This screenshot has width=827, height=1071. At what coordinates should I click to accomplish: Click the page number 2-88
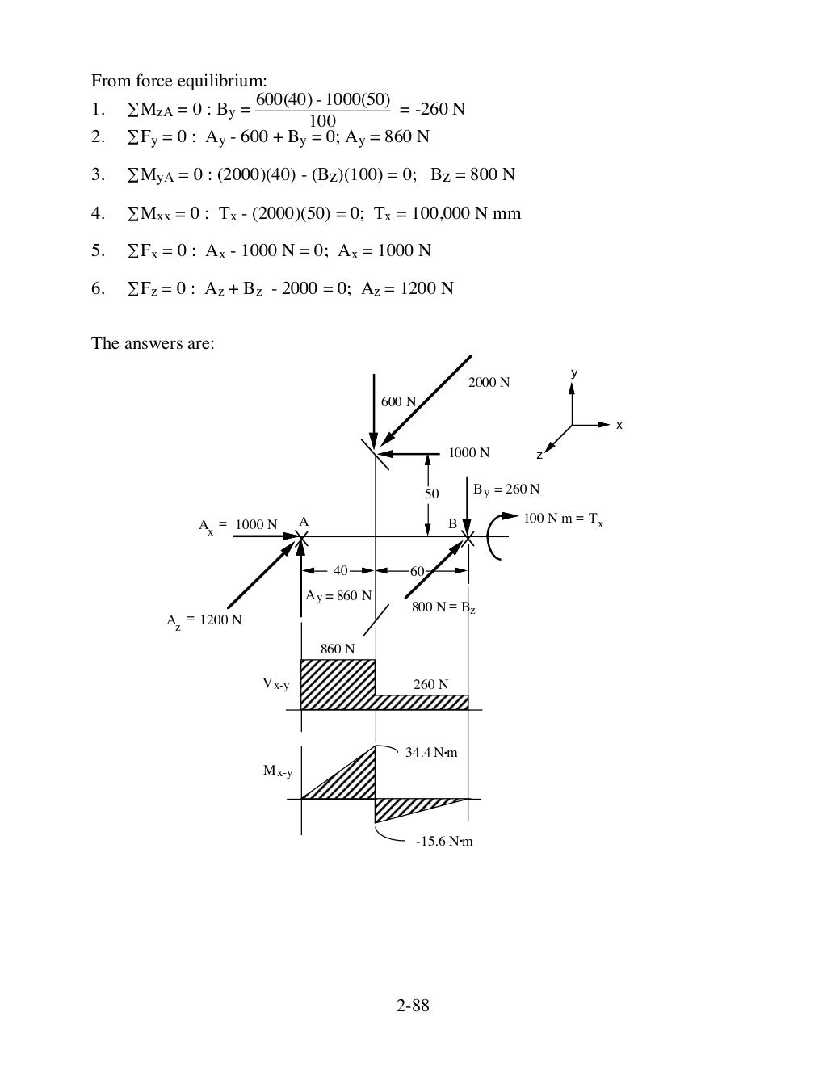pos(413,1006)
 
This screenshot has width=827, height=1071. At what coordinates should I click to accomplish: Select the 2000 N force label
pos(489,383)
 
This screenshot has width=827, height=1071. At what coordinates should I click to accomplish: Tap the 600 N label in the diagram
pos(398,402)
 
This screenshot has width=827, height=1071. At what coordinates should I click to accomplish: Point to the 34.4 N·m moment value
pos(430,753)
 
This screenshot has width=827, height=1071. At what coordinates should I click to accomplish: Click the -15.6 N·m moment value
pos(443,842)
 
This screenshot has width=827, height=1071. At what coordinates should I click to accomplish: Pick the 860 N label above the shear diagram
pos(337,649)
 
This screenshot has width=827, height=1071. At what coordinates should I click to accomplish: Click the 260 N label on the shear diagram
pos(430,685)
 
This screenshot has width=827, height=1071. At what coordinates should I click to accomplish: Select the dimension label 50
pos(432,493)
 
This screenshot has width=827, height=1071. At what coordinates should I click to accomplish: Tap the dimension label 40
pos(340,571)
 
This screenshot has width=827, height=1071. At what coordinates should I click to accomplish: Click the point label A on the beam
pos(304,522)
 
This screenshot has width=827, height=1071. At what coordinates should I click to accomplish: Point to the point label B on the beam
pos(452,524)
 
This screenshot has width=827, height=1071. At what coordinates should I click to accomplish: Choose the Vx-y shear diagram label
pos(275,684)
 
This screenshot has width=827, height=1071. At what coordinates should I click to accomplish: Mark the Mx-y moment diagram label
pos(278,771)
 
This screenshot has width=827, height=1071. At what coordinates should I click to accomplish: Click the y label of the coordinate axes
pos(573,373)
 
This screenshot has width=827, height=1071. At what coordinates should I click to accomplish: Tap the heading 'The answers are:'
pos(153,343)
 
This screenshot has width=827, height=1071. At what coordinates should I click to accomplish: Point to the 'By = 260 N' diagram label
pos(506,489)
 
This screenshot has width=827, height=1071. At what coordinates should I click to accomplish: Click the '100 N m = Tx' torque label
pos(563,519)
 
